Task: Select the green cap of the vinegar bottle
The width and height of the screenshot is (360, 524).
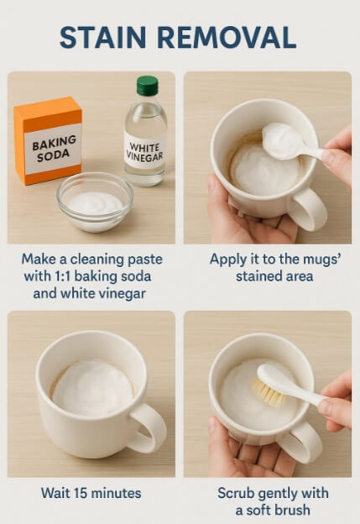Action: (147, 86)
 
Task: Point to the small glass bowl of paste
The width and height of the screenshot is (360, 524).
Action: (94, 202)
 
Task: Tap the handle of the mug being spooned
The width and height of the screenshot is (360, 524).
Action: (308, 207)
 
